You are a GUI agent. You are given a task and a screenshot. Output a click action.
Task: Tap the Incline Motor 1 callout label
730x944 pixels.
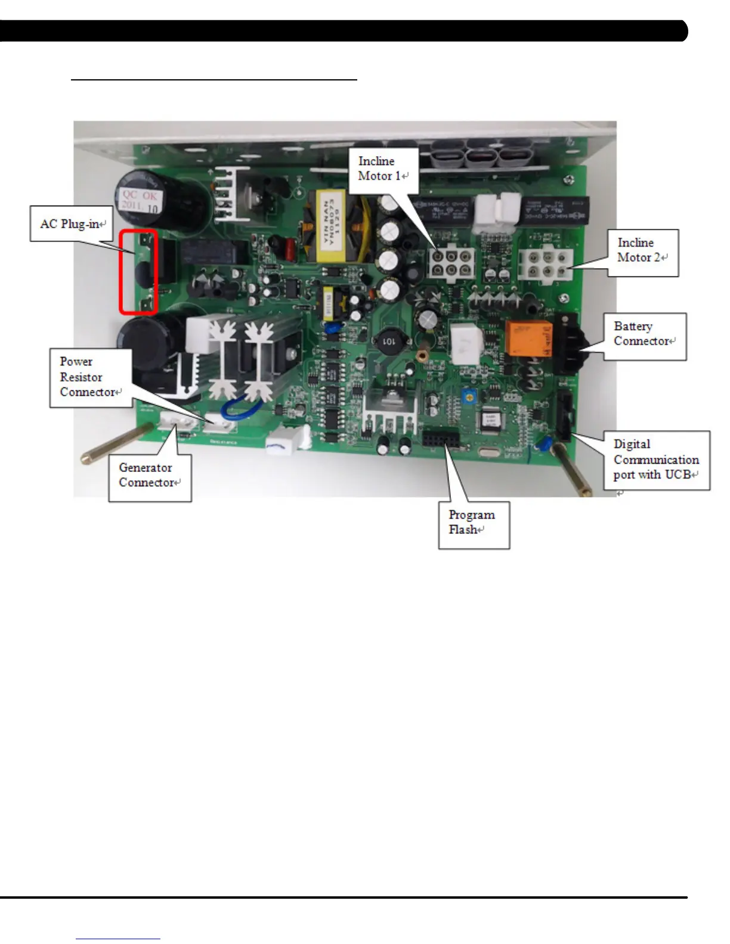[x=383, y=169]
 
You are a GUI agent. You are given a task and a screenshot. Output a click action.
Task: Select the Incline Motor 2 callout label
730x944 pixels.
[x=642, y=250]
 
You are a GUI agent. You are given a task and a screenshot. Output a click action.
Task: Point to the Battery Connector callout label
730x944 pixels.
[x=644, y=334]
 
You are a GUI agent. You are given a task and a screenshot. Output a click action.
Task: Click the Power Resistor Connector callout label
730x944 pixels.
[x=90, y=377]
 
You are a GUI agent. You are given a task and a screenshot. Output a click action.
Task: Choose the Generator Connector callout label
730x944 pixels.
[x=149, y=475]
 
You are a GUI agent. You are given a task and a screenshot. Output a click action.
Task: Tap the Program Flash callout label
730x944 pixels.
[x=473, y=522]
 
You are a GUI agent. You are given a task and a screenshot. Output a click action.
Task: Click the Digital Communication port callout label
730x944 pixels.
[x=656, y=459]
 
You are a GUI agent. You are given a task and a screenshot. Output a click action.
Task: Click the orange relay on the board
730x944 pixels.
[x=528, y=338]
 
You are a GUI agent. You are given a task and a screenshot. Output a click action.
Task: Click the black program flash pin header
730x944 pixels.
[x=441, y=441]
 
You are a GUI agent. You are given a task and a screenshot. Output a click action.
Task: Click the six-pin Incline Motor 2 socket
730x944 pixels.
[x=545, y=263]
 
